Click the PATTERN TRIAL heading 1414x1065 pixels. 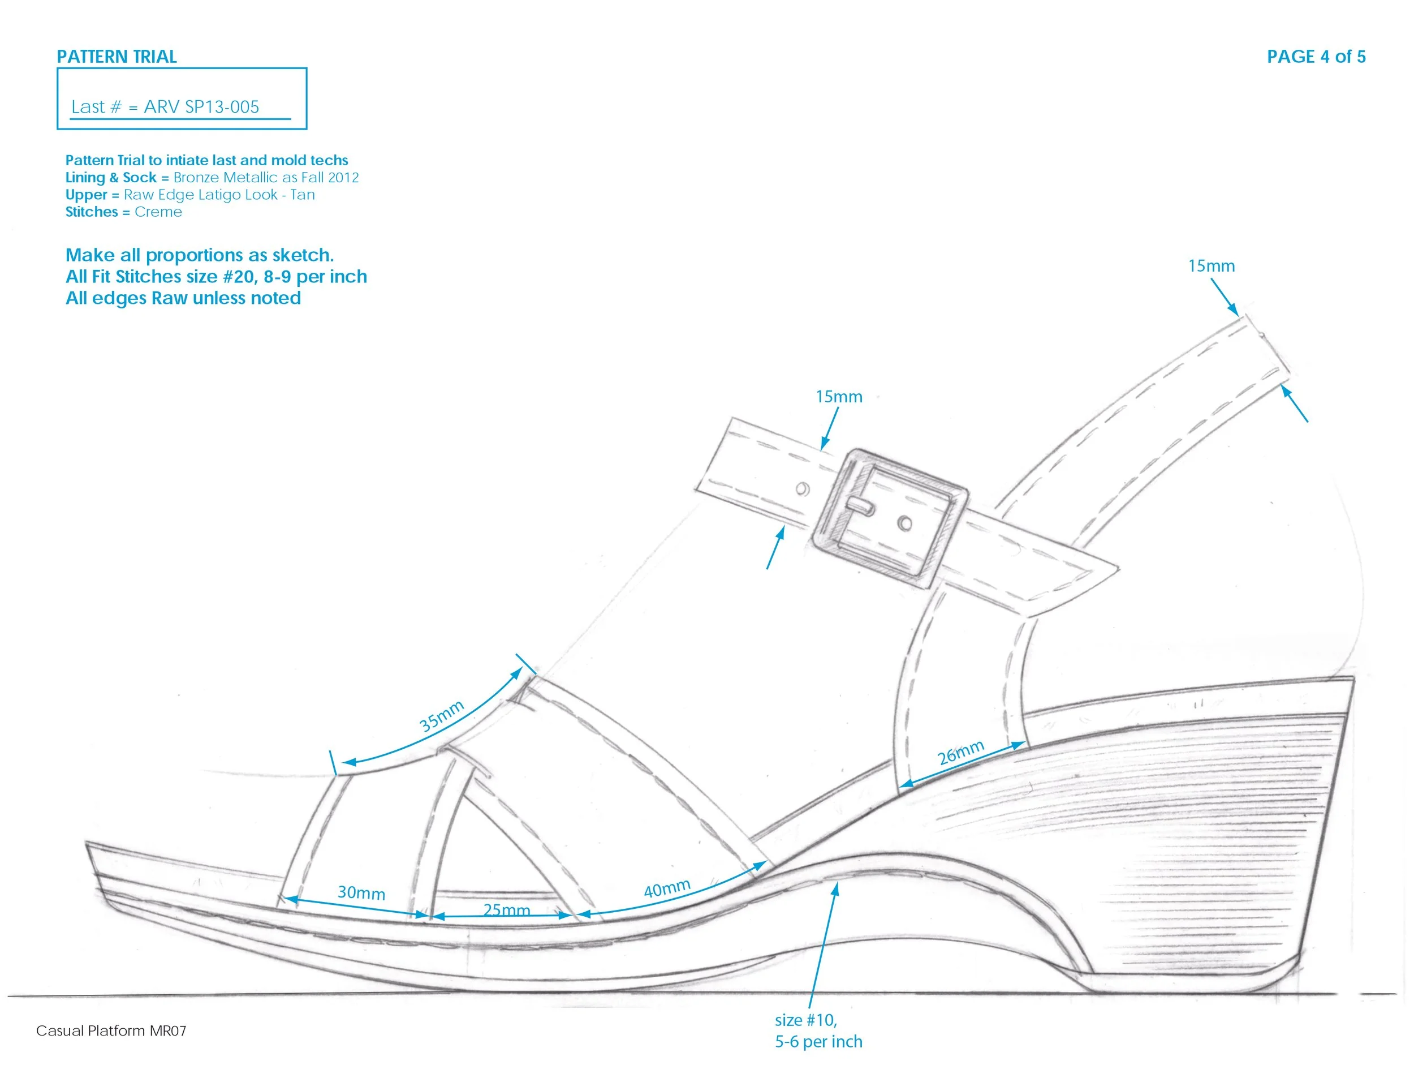(117, 57)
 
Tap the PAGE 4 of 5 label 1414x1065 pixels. (1316, 57)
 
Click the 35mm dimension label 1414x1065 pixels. (441, 715)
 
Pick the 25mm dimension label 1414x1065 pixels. (506, 909)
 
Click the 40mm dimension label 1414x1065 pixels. (667, 888)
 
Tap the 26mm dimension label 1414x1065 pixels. (960, 753)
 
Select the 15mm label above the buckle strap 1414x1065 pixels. (839, 397)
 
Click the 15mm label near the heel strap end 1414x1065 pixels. (1211, 266)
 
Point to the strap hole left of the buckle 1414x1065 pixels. (802, 489)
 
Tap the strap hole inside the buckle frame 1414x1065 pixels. (904, 523)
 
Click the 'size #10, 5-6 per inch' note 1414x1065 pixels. (818, 1030)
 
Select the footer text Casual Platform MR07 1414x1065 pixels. (111, 1030)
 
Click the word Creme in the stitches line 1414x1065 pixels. (158, 212)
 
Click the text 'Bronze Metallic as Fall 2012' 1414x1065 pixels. (266, 177)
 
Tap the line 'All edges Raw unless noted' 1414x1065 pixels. (183, 298)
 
